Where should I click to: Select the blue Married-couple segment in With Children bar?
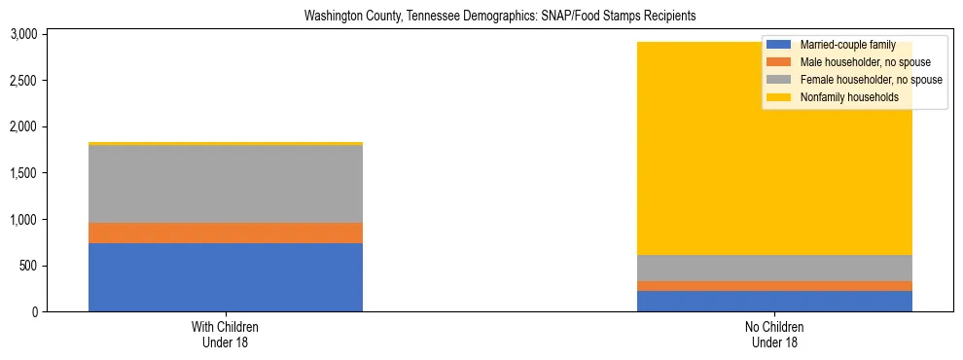tap(226, 277)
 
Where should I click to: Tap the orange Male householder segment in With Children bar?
tap(226, 233)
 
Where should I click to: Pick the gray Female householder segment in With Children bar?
tap(226, 184)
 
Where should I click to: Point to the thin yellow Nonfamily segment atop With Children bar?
tap(226, 143)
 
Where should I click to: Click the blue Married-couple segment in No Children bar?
tap(774, 302)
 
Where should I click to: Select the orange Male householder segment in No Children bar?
tap(774, 286)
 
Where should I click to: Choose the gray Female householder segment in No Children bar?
tap(774, 268)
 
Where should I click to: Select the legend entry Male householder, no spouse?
tap(855, 62)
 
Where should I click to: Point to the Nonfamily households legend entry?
tap(842, 97)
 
